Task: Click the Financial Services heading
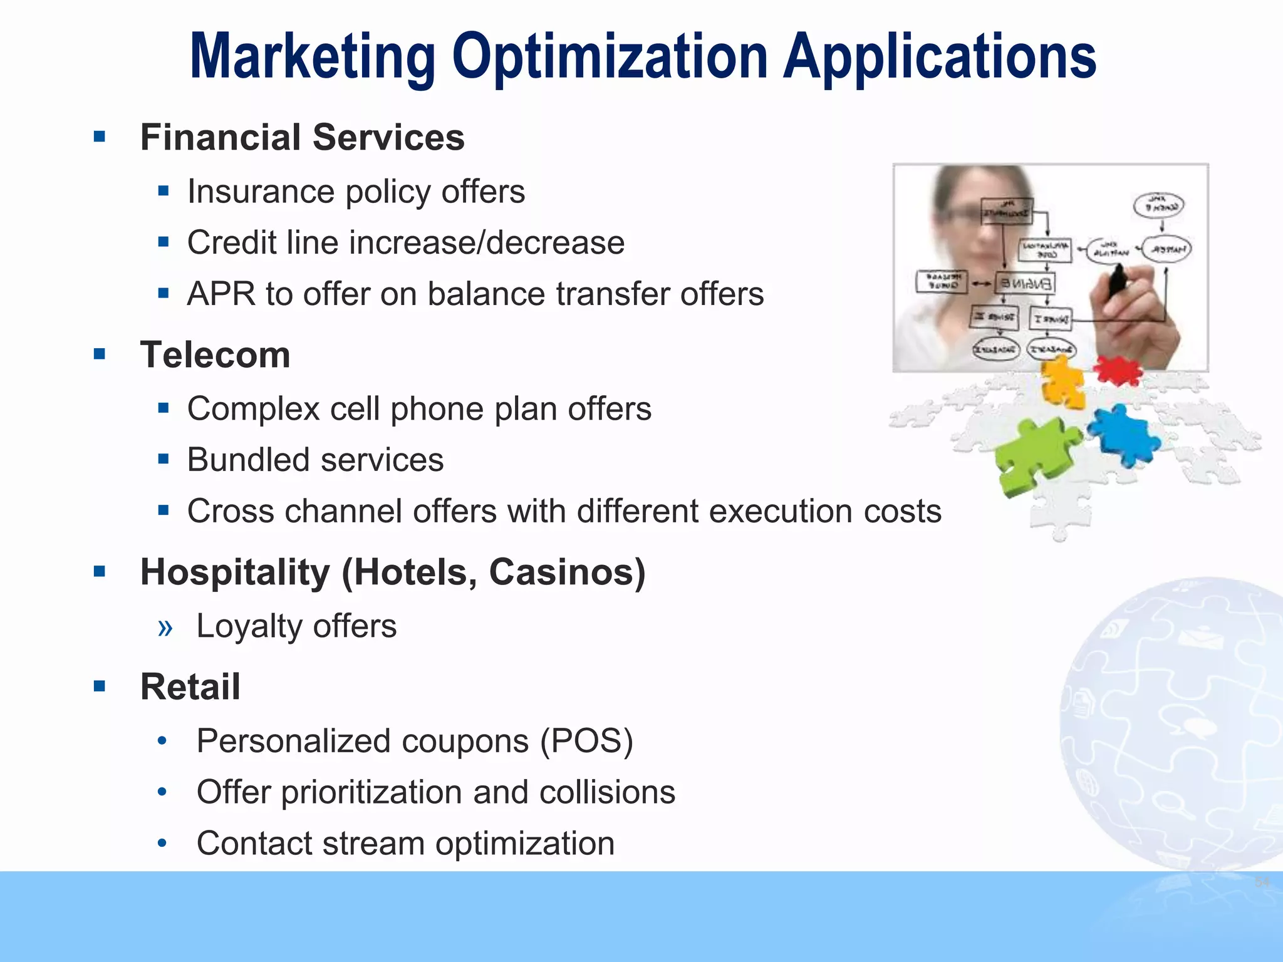[x=302, y=137]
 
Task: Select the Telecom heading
[x=215, y=355]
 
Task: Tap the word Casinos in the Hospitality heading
[x=566, y=572]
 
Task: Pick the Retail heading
[x=190, y=686]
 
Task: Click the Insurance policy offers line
[x=356, y=192]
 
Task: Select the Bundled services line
[x=315, y=460]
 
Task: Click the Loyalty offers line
[x=296, y=626]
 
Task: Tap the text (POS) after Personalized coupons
[x=586, y=741]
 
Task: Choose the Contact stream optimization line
[x=405, y=844]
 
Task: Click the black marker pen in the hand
[x=1118, y=282]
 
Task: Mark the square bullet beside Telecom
[x=99, y=354]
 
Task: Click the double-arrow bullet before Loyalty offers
[x=165, y=627]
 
